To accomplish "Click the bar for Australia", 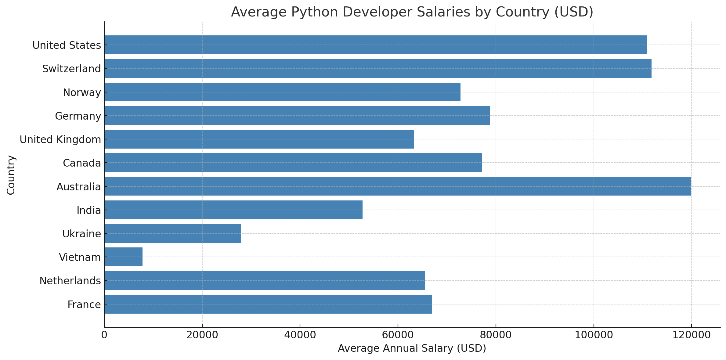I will coord(397,186).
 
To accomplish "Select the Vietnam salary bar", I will coord(123,257).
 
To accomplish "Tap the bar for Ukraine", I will coord(172,233).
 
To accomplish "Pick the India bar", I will coord(233,210).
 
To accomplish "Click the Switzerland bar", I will coord(378,68).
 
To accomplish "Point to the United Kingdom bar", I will coord(259,139).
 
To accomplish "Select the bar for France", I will coord(268,304).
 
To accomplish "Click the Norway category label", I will coord(82,92).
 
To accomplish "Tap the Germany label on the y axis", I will coord(78,116).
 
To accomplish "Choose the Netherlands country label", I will coord(70,281).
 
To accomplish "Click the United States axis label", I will coord(67,45).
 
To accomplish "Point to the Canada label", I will coord(82,163).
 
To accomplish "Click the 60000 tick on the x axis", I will coord(398,335).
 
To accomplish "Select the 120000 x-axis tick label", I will coord(691,335).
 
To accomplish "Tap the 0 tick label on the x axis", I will coord(104,335).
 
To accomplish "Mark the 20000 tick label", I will coord(202,335).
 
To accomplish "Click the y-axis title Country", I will coord(11,175).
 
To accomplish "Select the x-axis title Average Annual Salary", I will coord(412,348).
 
